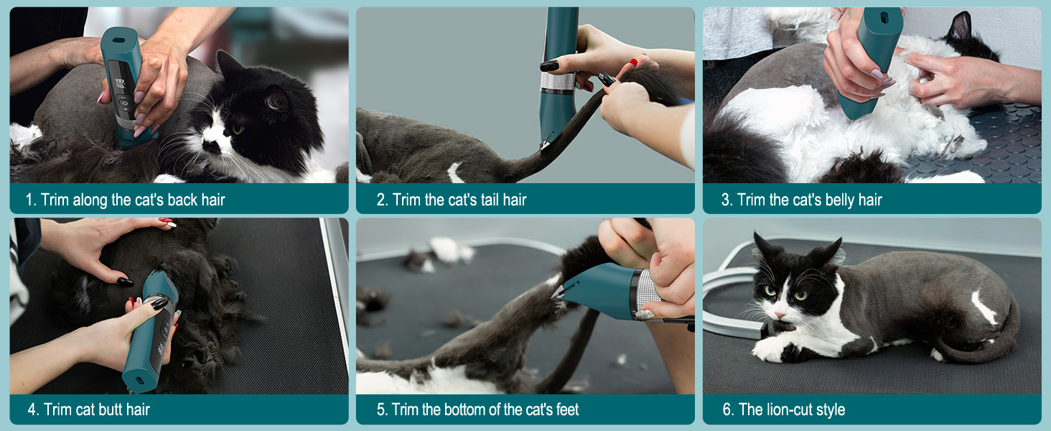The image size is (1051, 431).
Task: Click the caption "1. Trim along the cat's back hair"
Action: (x=126, y=200)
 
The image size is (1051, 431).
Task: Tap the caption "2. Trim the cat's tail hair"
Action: (x=452, y=200)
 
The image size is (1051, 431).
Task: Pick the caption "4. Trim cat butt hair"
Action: (x=89, y=410)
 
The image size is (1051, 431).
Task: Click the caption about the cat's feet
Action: (x=477, y=410)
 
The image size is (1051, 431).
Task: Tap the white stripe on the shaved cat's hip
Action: (x=984, y=308)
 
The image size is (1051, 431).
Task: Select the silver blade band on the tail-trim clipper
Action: (x=558, y=83)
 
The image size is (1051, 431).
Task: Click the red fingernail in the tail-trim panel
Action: (x=633, y=63)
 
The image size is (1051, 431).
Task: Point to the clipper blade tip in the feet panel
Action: (x=556, y=292)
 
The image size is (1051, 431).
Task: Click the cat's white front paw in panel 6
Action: (x=768, y=350)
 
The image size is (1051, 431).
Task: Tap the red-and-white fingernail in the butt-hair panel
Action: (x=167, y=224)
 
